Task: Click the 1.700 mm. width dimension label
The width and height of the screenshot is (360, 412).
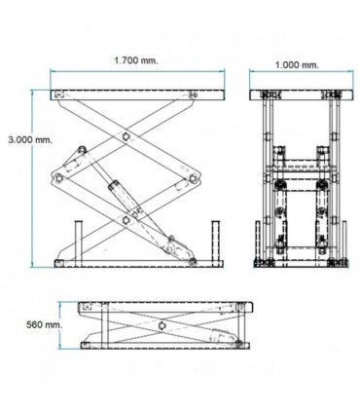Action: (135, 60)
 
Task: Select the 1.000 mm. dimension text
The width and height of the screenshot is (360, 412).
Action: (297, 64)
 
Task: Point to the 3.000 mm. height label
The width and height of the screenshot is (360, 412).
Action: (27, 139)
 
